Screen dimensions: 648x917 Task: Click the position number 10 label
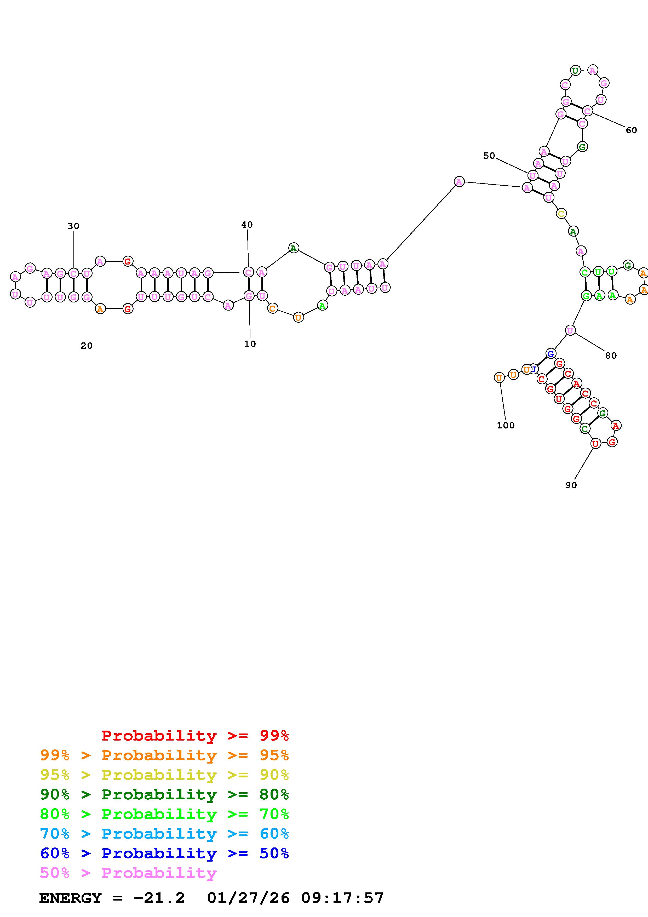[x=250, y=344]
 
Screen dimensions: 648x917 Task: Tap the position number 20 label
[x=87, y=346]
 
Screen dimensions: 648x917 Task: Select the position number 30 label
[x=73, y=226]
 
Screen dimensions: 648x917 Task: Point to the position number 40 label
[x=247, y=225]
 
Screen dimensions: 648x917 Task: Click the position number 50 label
[x=489, y=156]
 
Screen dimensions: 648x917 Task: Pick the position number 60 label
[x=631, y=130]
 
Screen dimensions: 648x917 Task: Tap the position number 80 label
[x=611, y=356]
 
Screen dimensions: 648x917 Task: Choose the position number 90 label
[x=571, y=485]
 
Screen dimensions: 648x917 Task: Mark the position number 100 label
[x=506, y=425]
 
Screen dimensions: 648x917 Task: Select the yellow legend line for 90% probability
[x=164, y=775]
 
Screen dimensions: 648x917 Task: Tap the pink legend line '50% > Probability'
[x=129, y=873]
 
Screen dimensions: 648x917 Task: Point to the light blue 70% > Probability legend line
[x=164, y=834]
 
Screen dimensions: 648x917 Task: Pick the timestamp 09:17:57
[x=342, y=898]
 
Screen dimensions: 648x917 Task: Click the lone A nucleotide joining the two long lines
[x=459, y=182]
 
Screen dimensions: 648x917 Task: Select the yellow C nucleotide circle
[x=561, y=214]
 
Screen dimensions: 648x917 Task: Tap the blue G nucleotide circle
[x=550, y=353]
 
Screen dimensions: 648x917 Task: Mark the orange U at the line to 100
[x=499, y=377]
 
